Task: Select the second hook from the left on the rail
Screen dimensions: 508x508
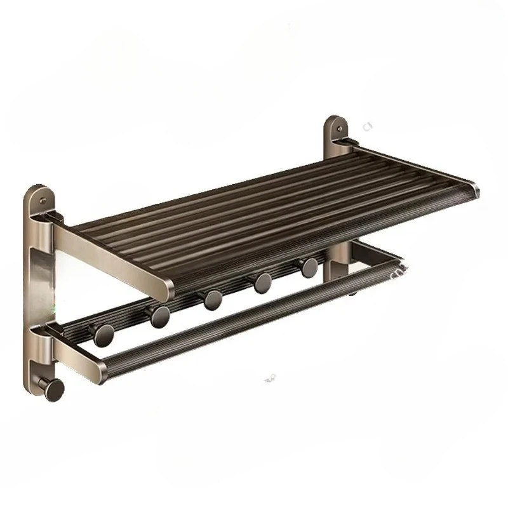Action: (x=159, y=314)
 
